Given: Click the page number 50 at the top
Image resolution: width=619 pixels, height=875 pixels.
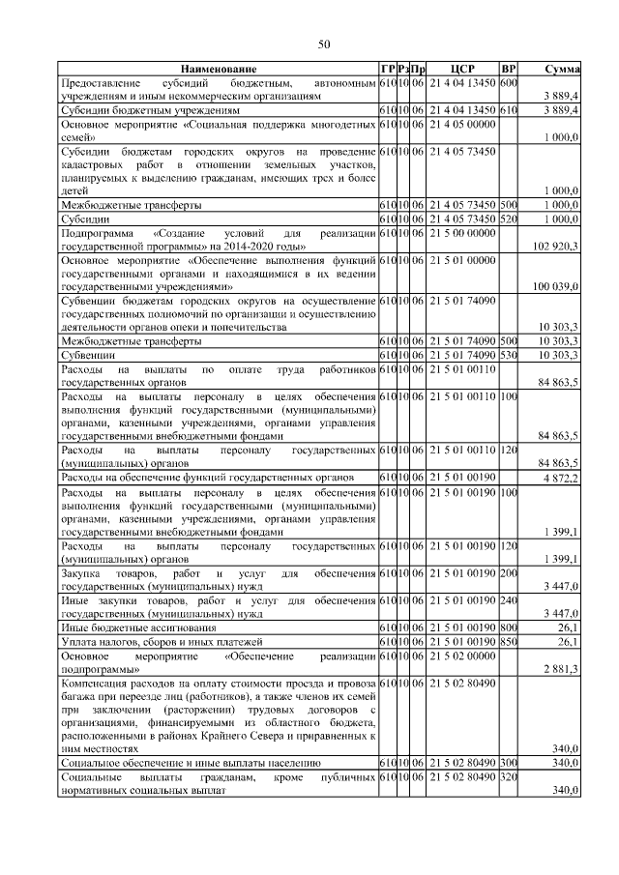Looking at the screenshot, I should click(324, 44).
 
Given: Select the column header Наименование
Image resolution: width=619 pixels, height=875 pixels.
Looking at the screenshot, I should click(218, 71).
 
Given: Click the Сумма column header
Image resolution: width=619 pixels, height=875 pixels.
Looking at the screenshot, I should click(562, 71).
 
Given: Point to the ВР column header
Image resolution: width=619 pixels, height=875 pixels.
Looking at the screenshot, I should click(509, 71).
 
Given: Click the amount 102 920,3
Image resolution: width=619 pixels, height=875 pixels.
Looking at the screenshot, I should click(556, 248).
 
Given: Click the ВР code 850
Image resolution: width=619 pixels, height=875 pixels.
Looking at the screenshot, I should click(509, 640).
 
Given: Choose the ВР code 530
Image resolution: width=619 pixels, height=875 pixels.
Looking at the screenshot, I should click(509, 356).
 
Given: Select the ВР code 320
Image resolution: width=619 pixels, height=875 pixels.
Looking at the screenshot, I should click(509, 776).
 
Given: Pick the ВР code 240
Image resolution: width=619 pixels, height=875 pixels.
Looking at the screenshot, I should click(509, 599).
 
